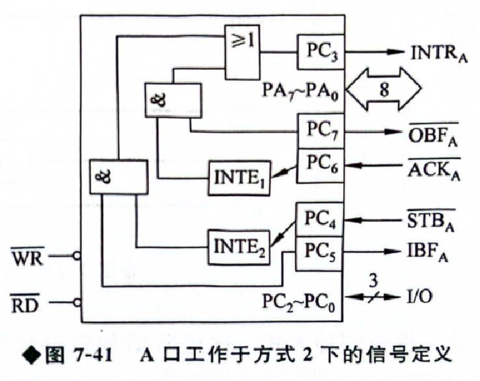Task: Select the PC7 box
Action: [x=320, y=132]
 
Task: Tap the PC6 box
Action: [x=320, y=165]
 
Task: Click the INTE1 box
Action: [x=237, y=177]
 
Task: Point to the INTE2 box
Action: [x=237, y=246]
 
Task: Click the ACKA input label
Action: [x=433, y=168]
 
